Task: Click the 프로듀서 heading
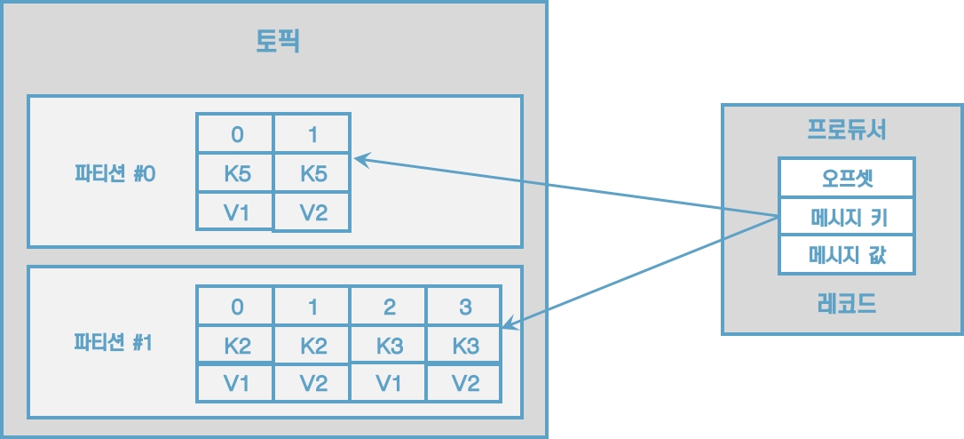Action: (x=846, y=131)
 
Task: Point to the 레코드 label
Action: (x=846, y=305)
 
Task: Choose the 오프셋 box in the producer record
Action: (x=846, y=177)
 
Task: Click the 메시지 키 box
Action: (x=846, y=217)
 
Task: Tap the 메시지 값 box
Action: (x=846, y=256)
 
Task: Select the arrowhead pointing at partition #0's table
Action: (x=359, y=159)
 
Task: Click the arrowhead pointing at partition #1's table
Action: (x=508, y=325)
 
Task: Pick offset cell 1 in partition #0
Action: (x=312, y=134)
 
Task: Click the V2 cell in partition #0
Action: (x=312, y=213)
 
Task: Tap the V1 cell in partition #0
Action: (x=235, y=213)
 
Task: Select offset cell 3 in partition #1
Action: (x=464, y=307)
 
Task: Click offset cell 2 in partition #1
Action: (x=388, y=307)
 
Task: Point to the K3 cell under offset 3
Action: (x=464, y=345)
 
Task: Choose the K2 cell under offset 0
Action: (x=235, y=345)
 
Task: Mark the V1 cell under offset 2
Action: (x=388, y=383)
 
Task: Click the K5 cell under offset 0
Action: (x=235, y=174)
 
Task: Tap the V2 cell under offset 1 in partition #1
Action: (x=312, y=383)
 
